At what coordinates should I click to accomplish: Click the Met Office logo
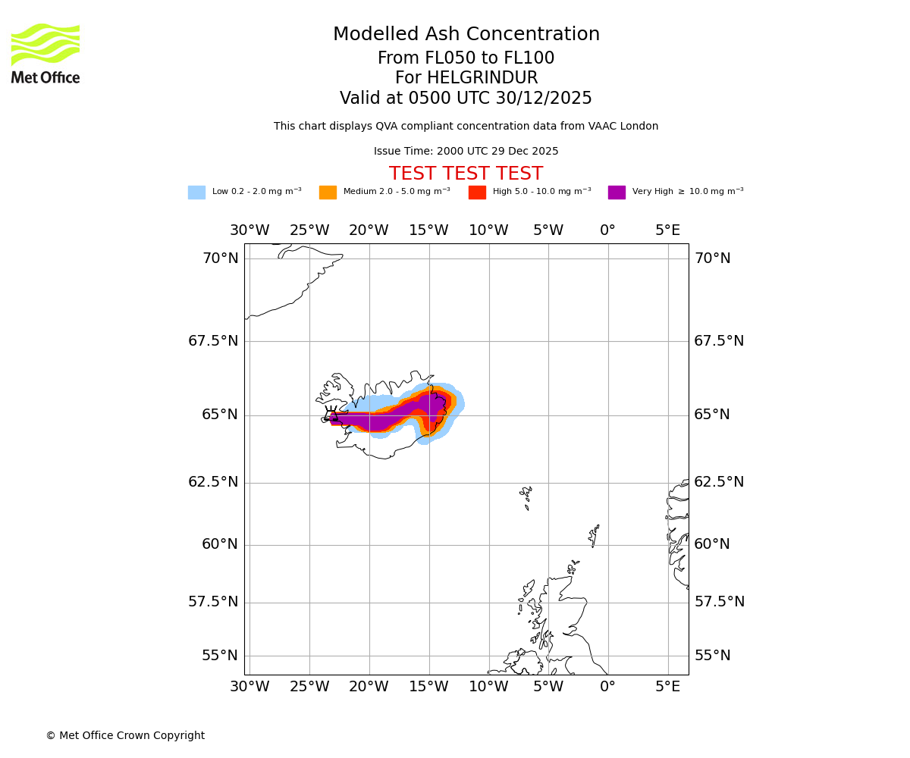pos(45,53)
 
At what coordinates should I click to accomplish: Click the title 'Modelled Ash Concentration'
pos(466,35)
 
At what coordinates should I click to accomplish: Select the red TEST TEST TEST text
pos(466,174)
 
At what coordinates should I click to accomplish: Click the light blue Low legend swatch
pos(196,193)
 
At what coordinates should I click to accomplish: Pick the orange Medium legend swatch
pos(328,193)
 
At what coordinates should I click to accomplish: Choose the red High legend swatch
pos(477,193)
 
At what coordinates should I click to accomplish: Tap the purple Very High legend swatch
pos(617,193)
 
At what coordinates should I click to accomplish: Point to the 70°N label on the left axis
pos(220,258)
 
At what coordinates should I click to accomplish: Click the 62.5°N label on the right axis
pos(719,482)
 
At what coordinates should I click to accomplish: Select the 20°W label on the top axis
pos(369,230)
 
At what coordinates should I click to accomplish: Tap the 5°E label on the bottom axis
pos(667,687)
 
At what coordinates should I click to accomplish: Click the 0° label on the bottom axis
pos(607,687)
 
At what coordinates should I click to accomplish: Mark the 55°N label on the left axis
pos(220,656)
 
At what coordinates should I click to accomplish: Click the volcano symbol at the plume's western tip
pos(331,413)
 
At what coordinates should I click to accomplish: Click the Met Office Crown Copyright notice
pos(125,736)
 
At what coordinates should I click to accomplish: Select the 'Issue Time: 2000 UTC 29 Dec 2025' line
pos(466,152)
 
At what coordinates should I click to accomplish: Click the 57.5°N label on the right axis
pos(719,602)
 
